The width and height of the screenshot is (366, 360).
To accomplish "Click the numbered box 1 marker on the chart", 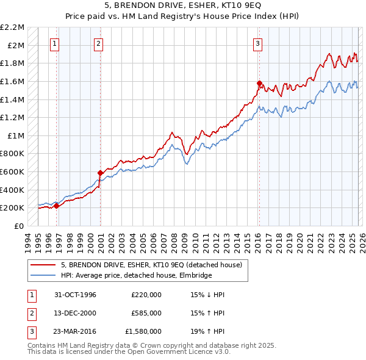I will (x=56, y=43).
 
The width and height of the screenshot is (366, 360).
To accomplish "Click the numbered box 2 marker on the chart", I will (x=99, y=43).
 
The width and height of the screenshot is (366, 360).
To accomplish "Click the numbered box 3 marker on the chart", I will (x=258, y=43).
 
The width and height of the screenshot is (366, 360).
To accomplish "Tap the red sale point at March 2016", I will (x=259, y=82).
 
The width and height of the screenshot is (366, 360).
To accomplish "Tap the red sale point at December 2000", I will (x=101, y=173).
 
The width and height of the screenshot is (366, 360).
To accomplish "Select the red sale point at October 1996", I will (x=57, y=206).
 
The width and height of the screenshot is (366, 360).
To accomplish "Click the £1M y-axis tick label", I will (x=16, y=135).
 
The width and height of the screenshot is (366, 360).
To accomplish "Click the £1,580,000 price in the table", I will (x=146, y=331).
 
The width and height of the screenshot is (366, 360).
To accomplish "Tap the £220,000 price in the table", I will (x=146, y=295).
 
